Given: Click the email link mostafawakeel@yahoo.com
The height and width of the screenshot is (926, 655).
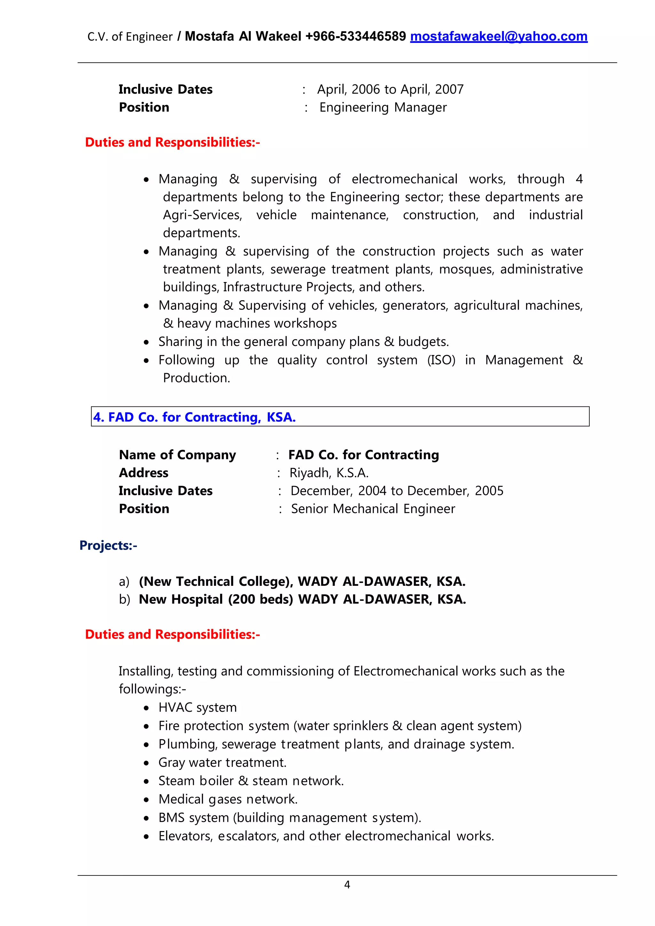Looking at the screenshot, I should coord(499,37).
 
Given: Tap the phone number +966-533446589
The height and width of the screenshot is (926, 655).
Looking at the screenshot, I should coord(355,37).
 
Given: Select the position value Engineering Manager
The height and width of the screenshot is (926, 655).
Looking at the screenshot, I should coord(383,107).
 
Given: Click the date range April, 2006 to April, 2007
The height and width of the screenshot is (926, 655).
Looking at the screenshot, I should coord(390,89).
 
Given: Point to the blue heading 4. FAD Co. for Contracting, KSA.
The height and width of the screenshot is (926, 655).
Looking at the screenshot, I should coord(194,417).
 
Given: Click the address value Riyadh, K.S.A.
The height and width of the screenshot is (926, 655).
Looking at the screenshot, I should coord(329,473).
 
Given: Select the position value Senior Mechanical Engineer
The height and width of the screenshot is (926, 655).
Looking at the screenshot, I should coord(373,509).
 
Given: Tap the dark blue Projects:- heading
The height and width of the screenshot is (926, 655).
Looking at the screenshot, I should coord(108,545).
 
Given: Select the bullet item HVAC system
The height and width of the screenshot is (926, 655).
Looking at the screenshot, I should coord(197,707).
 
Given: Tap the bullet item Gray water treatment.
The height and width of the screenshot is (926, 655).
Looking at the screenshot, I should coord(222,762).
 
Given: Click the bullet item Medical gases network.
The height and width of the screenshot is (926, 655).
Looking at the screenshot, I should coord(228,799).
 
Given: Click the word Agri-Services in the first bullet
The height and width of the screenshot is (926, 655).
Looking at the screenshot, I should coord(202,215).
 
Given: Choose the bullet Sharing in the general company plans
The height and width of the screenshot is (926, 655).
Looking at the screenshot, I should coord(303,341).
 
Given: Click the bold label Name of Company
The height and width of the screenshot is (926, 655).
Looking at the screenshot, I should coord(178,455).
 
